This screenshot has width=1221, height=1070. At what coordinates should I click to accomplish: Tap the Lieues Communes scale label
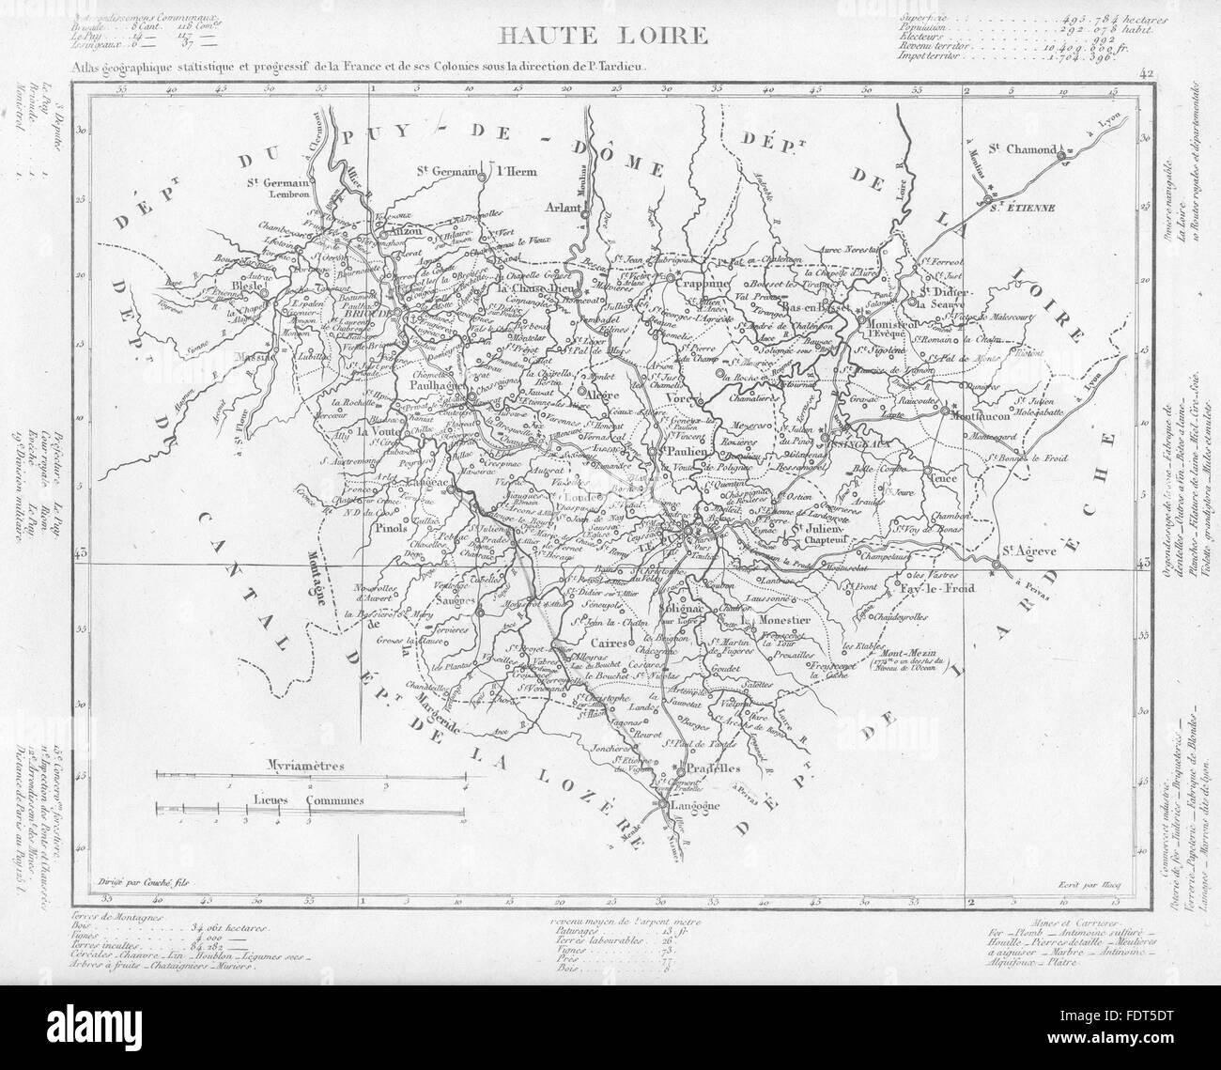[309, 800]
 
